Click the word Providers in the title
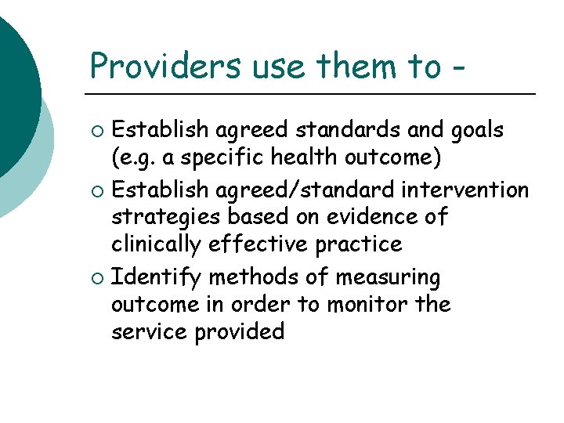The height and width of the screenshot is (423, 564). pos(166,66)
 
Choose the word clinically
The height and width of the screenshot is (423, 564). pos(157,244)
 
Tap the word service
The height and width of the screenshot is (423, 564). pos(148,331)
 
